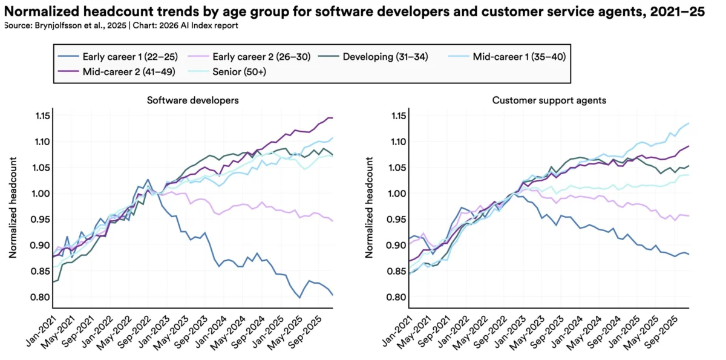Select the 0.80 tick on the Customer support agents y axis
coord(400,297)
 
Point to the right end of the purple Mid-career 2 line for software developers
coord(332,118)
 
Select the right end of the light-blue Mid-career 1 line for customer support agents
coord(688,123)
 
